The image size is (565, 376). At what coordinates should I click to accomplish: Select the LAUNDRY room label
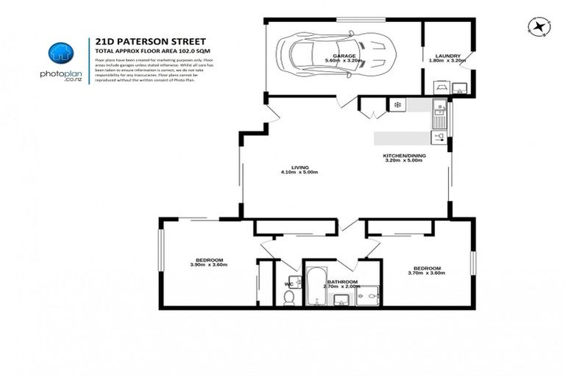(x=447, y=56)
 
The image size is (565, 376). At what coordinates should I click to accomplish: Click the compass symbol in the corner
(x=541, y=26)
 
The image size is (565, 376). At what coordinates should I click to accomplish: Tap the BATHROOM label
(x=343, y=282)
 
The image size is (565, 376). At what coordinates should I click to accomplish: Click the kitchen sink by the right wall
(x=438, y=113)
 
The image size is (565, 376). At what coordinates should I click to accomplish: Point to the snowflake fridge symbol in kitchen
(x=397, y=106)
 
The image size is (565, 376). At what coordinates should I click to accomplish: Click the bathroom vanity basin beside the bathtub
(x=341, y=298)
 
